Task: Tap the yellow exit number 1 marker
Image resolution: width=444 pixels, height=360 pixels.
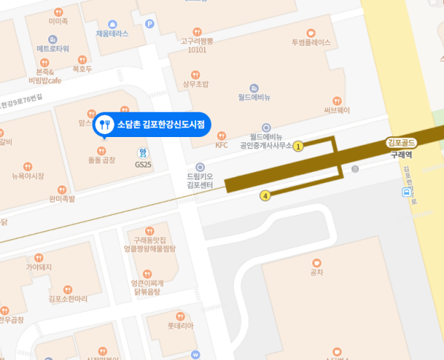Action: point(298,146)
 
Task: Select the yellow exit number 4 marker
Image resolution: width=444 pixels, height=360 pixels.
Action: point(265,196)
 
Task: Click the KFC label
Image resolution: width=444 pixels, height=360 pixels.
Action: point(221,145)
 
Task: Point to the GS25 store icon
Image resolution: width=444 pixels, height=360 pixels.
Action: point(142,153)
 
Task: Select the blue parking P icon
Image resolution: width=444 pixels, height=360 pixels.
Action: point(150,24)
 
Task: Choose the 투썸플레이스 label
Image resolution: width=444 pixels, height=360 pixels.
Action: point(311,43)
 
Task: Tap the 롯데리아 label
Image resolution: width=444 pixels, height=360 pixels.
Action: point(181,325)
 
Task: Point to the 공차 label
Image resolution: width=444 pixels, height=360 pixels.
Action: point(317,273)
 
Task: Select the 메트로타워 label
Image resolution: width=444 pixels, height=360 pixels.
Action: point(53,48)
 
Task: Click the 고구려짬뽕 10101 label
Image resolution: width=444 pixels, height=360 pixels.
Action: point(197,44)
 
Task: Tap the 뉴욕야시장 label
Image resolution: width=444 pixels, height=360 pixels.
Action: point(28,176)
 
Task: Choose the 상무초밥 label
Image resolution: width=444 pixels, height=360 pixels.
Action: point(195,84)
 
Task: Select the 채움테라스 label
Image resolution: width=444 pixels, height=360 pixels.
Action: point(112,33)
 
